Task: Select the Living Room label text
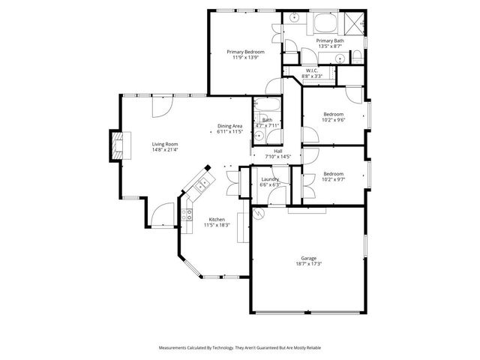coord(165,144)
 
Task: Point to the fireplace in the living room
coord(115,145)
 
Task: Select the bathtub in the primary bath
coord(325,21)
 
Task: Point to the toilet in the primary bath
coord(340,56)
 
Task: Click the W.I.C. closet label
coord(312,70)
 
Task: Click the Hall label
coord(277,151)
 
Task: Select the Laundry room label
coord(269,179)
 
